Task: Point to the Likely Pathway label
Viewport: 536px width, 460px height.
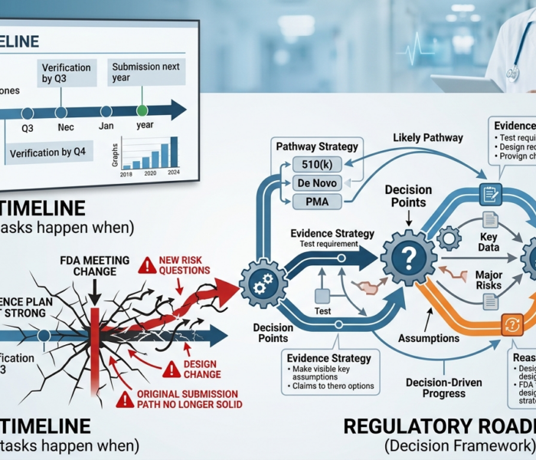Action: click(427, 138)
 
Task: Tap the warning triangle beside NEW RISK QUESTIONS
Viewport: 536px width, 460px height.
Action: click(146, 265)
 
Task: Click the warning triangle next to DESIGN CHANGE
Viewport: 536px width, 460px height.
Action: click(172, 370)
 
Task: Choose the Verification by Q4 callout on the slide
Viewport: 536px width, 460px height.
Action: click(50, 153)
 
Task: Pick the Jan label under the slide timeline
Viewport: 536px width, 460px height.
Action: click(106, 126)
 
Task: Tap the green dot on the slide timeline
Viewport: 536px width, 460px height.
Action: click(142, 112)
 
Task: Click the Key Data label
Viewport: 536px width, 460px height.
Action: click(488, 242)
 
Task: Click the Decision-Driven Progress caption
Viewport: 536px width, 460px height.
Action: click(434, 388)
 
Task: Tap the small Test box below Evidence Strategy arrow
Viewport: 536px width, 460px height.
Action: click(322, 295)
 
